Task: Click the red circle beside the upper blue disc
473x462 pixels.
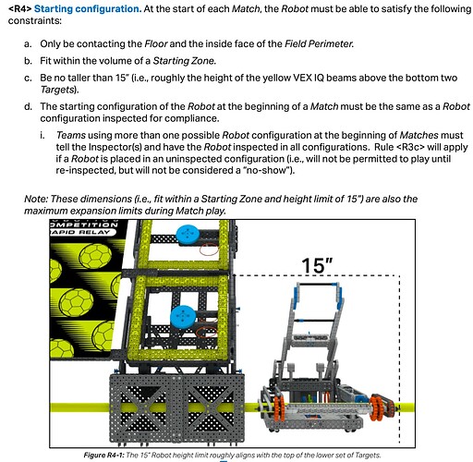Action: [x=212, y=248]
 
